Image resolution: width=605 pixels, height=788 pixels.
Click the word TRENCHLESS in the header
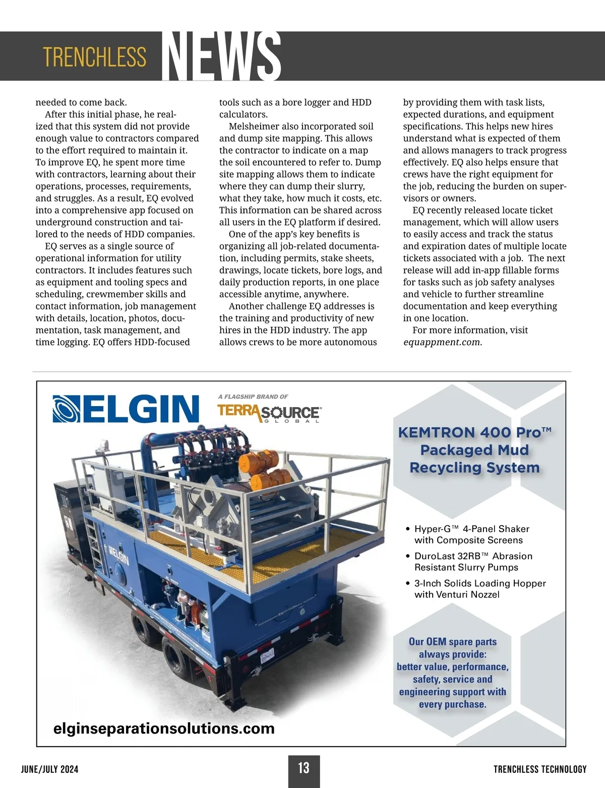(x=94, y=57)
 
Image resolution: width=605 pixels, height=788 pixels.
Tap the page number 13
(x=304, y=768)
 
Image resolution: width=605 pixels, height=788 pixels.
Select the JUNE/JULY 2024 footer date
(x=50, y=769)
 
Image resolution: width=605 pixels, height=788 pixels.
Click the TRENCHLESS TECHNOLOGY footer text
(x=540, y=769)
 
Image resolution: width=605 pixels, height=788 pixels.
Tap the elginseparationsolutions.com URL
(x=164, y=728)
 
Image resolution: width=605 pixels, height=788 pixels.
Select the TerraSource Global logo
(x=269, y=413)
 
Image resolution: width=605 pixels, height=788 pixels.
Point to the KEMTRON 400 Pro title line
(x=474, y=432)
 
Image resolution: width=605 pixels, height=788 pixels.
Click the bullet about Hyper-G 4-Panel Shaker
(x=471, y=534)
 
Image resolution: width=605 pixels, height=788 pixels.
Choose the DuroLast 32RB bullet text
(x=473, y=561)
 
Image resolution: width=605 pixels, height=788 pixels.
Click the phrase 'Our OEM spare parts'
(x=452, y=641)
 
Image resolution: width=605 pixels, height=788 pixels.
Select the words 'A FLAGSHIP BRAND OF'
(x=253, y=397)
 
